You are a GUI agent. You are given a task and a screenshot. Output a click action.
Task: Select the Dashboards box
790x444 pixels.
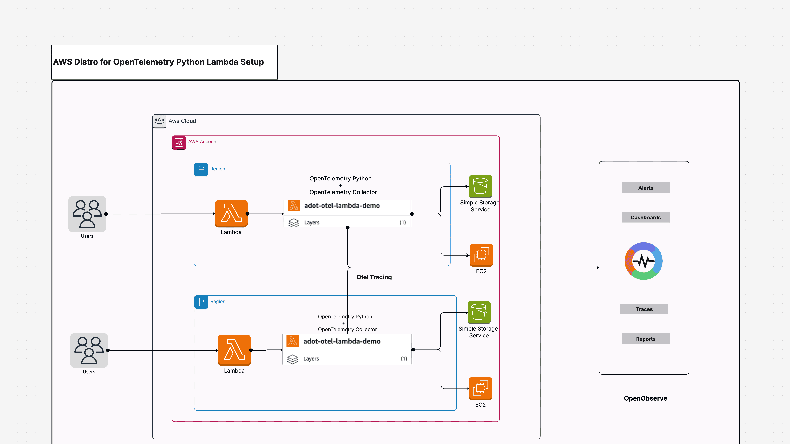[x=645, y=217]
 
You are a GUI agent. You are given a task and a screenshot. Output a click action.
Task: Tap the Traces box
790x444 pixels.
[x=644, y=309]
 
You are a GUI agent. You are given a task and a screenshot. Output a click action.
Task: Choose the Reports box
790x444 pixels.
[x=645, y=339]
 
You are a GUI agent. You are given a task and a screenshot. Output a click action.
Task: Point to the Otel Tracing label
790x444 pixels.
[x=374, y=277]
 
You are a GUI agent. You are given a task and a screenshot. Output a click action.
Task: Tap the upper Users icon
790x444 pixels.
[x=87, y=214]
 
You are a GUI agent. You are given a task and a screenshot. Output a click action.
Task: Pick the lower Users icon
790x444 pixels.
[x=89, y=350]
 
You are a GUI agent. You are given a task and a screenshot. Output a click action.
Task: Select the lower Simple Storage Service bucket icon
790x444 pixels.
[x=479, y=312]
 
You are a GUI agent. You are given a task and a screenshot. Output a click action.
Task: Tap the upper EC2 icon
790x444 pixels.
[x=481, y=255]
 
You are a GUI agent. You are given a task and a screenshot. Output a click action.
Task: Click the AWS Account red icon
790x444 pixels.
[x=179, y=142]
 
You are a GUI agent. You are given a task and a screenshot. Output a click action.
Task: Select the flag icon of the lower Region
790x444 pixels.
[x=201, y=302]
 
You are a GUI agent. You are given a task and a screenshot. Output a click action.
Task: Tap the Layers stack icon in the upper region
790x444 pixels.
[x=293, y=222]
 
